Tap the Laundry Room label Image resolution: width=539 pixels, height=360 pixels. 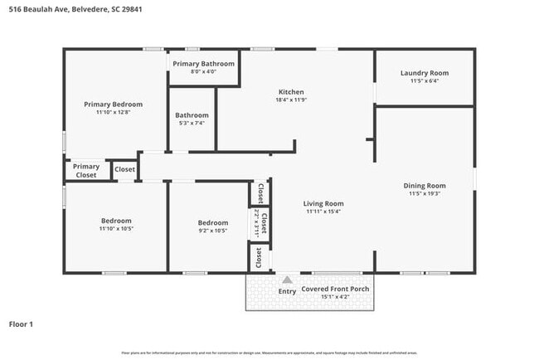(424, 73)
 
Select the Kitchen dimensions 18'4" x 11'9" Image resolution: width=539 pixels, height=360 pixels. (291, 100)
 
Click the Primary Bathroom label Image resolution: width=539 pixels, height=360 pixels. (203, 64)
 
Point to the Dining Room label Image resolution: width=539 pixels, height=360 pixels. (425, 186)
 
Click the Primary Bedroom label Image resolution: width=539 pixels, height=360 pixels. (113, 105)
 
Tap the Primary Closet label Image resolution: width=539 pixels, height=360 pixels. (85, 171)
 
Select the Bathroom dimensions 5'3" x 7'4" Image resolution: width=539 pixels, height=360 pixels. (192, 124)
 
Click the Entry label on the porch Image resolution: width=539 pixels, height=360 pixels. (287, 291)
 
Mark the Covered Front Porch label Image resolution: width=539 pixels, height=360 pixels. (335, 289)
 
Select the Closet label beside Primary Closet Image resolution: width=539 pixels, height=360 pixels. (124, 170)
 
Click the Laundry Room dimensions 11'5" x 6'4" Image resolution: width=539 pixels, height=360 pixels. (424, 81)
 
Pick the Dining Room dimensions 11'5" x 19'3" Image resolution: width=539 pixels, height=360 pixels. (425, 194)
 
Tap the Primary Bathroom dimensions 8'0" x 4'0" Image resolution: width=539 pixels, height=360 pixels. (203, 72)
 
